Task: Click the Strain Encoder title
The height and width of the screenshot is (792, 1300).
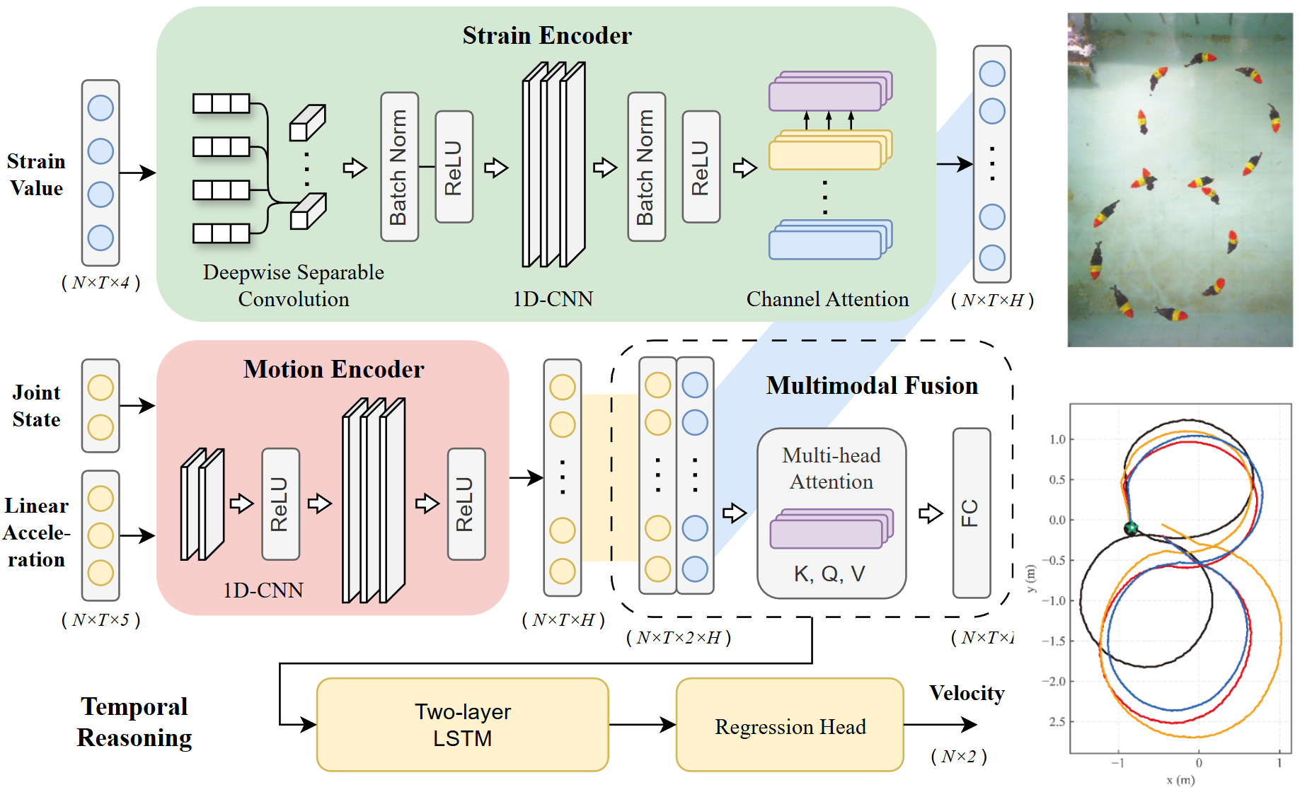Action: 546,35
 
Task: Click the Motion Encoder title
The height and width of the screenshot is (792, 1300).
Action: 333,369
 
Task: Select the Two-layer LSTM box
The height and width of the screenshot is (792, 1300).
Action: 462,725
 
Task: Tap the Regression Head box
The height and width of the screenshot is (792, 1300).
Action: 789,726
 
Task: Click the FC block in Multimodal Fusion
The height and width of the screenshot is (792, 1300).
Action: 970,513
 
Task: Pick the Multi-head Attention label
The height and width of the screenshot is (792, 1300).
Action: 831,468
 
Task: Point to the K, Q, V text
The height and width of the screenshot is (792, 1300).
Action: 829,573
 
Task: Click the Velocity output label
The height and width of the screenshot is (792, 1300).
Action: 966,693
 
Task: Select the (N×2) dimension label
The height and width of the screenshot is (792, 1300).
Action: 958,757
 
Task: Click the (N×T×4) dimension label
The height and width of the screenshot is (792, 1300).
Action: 100,283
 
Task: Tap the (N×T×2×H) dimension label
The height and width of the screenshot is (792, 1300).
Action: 678,638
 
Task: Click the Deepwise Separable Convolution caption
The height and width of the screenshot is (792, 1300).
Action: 293,286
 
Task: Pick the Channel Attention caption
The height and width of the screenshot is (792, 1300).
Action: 827,299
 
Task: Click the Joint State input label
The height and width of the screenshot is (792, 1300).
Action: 37,406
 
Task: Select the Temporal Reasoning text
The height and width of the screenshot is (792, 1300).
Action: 134,722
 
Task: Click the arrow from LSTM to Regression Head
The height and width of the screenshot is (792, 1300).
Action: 642,724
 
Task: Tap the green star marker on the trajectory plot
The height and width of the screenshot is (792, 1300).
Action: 1130,528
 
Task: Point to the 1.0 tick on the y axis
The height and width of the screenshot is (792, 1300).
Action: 1057,439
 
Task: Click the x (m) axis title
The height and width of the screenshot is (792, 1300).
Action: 1180,780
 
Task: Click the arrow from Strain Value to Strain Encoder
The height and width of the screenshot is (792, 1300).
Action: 137,173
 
